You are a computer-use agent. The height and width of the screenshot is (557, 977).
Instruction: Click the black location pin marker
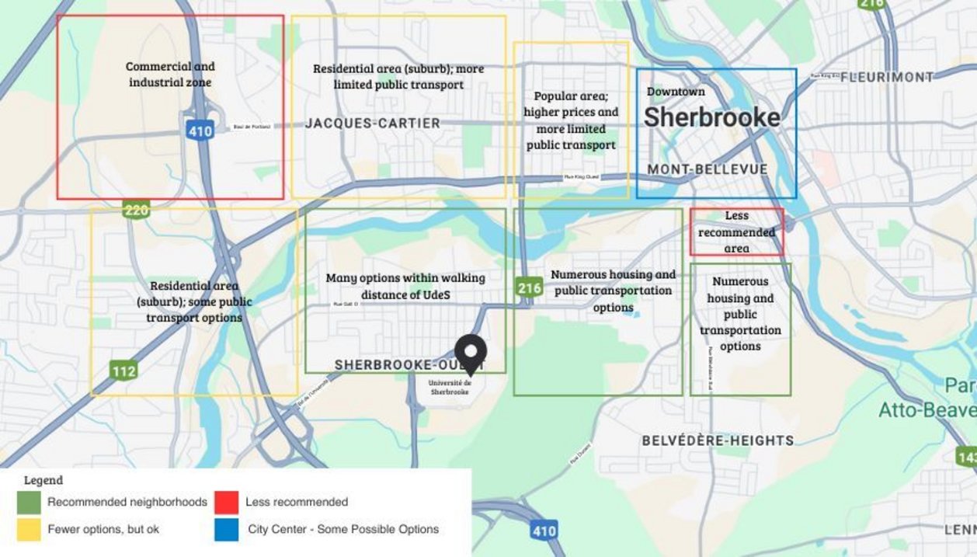(x=470, y=354)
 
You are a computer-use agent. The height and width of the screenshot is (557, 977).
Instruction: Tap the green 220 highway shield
(x=136, y=210)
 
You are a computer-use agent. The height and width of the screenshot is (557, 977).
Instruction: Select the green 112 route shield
(x=123, y=371)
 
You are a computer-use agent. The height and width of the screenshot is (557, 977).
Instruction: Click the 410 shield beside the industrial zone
(x=200, y=131)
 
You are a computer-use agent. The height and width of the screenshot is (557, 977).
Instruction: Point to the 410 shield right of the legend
(x=544, y=531)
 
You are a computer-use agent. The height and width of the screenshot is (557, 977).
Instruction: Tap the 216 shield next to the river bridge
(x=529, y=288)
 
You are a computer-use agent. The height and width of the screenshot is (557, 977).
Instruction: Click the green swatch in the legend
(x=29, y=502)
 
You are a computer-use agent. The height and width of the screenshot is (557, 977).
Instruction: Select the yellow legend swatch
(x=29, y=529)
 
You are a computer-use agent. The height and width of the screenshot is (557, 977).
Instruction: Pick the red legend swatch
(x=227, y=502)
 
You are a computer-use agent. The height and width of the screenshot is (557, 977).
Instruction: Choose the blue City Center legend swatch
(x=227, y=529)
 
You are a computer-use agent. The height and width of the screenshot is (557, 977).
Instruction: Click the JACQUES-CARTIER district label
(x=372, y=124)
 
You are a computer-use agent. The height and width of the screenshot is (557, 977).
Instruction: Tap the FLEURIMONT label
(x=886, y=77)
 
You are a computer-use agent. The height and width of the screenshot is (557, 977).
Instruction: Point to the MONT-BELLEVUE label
(x=707, y=169)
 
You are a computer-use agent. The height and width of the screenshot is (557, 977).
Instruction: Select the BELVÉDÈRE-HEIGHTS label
(x=718, y=440)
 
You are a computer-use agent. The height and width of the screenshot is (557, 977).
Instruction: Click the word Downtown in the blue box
(x=676, y=92)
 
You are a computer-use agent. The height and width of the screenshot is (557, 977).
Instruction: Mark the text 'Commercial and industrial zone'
(x=170, y=75)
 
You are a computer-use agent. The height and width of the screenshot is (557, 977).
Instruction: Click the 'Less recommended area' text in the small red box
(x=736, y=232)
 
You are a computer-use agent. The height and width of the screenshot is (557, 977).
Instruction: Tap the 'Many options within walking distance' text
(x=405, y=286)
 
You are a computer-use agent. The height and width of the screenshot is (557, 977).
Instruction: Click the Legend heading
(x=43, y=480)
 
